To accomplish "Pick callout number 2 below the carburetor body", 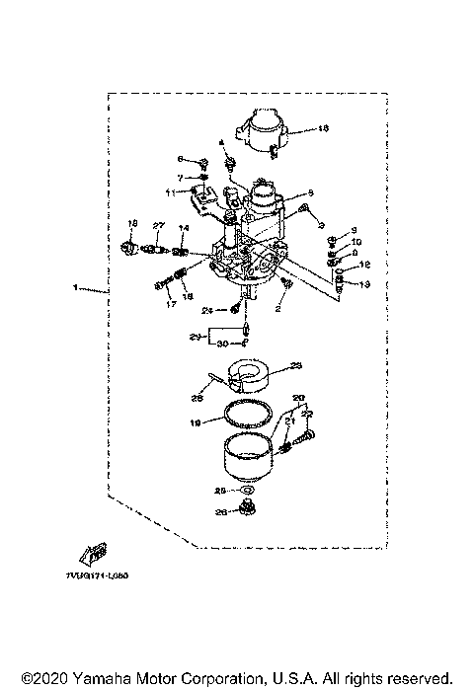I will pyautogui.click(x=278, y=309).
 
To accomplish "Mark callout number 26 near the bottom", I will pyautogui.click(x=221, y=511).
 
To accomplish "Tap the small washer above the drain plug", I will pyautogui.click(x=246, y=490).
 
